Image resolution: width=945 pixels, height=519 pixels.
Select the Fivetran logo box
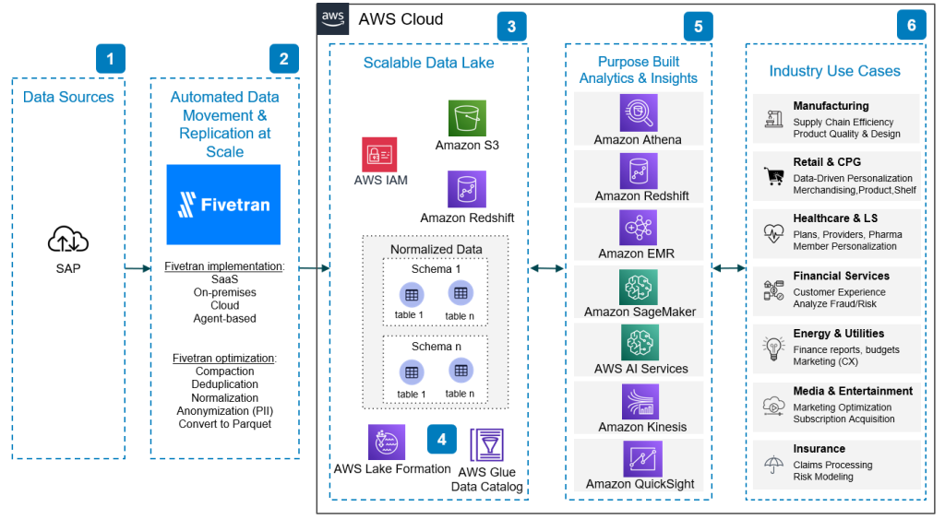tap(224, 204)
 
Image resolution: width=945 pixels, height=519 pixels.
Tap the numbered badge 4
tap(441, 440)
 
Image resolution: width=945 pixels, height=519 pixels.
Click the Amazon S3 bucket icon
tap(467, 118)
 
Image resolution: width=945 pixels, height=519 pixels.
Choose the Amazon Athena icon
tap(639, 113)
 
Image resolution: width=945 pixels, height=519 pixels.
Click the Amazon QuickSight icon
tap(639, 458)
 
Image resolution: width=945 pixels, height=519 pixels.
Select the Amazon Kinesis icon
tap(639, 402)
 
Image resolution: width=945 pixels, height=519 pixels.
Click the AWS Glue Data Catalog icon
tap(486, 445)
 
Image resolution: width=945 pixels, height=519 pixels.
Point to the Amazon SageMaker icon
tap(639, 287)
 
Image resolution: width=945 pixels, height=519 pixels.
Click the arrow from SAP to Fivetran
tap(136, 268)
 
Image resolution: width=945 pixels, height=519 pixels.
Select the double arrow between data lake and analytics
tap(546, 268)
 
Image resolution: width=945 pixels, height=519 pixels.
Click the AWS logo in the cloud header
tap(332, 18)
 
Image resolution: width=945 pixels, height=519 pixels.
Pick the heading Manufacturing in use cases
tap(831, 106)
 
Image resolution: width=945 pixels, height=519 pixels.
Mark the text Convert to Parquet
tap(224, 424)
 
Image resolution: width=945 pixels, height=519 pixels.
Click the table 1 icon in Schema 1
tap(411, 294)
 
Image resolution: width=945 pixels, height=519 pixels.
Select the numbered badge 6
tap(911, 26)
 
